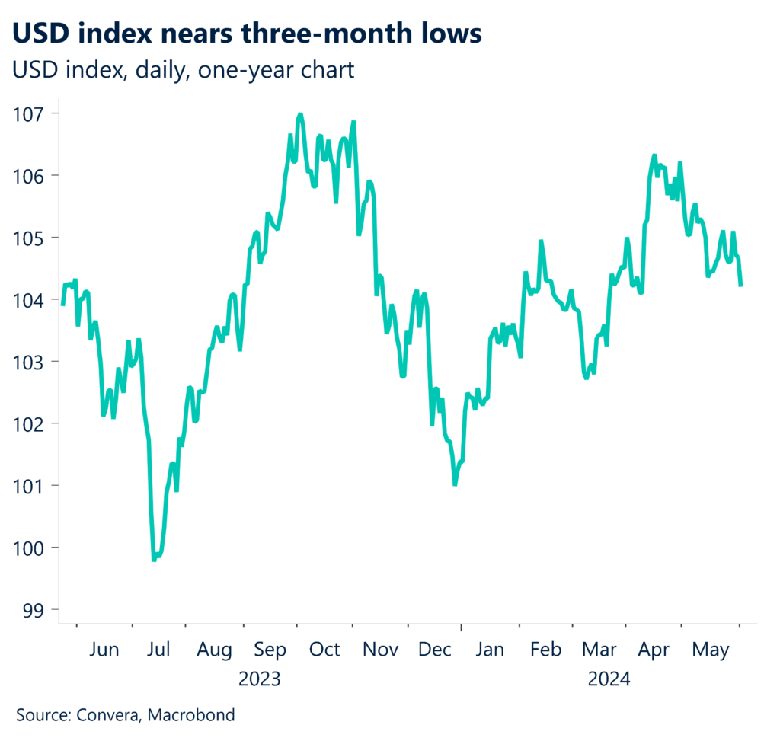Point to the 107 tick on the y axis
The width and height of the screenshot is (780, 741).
[28, 113]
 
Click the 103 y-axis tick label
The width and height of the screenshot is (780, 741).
[28, 361]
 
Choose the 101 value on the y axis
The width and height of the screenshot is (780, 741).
[28, 485]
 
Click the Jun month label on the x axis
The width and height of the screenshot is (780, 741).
[104, 650]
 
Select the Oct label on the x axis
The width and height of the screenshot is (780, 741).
[325, 650]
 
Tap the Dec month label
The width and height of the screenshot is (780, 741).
[434, 650]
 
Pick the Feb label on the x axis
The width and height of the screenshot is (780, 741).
[545, 650]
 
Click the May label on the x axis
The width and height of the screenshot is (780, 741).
[710, 650]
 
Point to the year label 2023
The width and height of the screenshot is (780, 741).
[260, 678]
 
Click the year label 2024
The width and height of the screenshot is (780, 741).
[609, 678]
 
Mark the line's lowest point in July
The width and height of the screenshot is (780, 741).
[154, 560]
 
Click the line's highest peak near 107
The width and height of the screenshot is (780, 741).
[299, 114]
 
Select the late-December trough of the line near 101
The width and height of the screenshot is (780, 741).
[455, 484]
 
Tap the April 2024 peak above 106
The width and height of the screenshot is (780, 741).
[654, 155]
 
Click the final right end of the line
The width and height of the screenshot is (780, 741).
[741, 286]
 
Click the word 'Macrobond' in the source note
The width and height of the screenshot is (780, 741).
[191, 715]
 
